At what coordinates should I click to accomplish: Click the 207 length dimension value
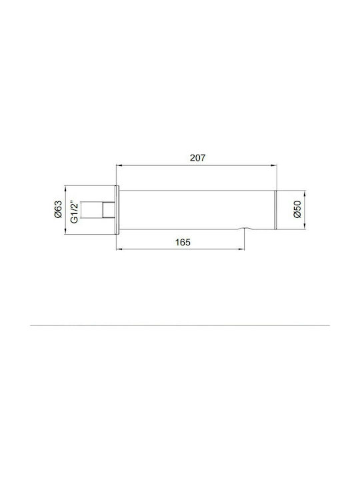[x=197, y=158]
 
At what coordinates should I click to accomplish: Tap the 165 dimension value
[x=183, y=243]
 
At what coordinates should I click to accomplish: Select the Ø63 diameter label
[x=58, y=209]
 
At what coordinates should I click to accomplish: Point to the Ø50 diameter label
[x=297, y=210]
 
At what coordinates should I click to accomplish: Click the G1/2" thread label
[x=75, y=212]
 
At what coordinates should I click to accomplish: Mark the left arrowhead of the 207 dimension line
[x=119, y=165]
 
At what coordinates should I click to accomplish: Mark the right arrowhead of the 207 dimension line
[x=274, y=165]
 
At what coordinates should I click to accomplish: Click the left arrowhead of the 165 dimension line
[x=119, y=249]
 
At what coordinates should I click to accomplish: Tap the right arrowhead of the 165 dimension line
[x=242, y=249]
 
